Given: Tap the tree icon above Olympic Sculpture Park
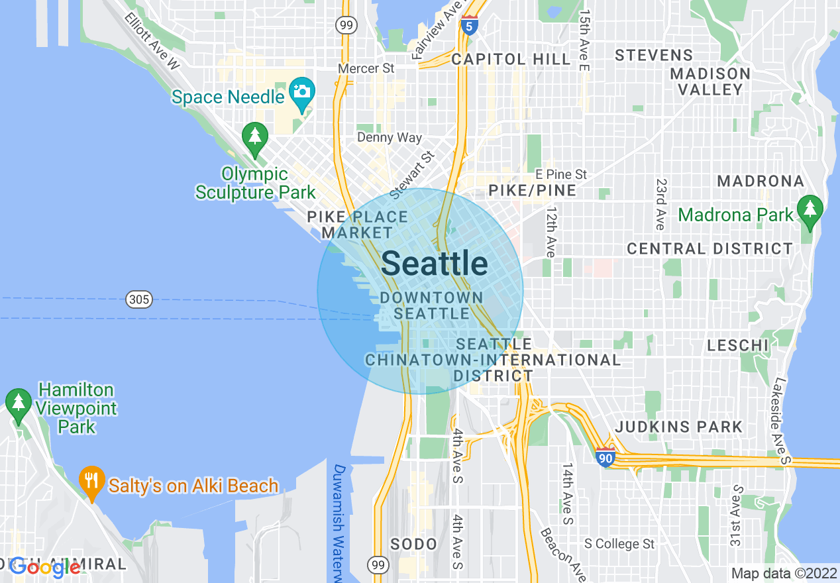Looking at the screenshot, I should [x=255, y=137].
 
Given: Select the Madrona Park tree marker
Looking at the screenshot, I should [x=810, y=209].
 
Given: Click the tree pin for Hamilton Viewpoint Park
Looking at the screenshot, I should [x=18, y=402].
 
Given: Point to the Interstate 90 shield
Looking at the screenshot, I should [x=605, y=457].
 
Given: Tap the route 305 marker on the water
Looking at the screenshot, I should [x=139, y=299].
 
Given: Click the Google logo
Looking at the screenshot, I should [x=45, y=566].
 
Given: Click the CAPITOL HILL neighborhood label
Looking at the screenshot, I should [x=511, y=59].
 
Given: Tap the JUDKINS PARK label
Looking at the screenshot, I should [x=679, y=427].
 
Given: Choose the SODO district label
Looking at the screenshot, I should [x=413, y=545].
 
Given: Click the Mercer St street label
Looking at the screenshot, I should [x=366, y=68].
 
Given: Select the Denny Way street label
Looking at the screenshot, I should [x=389, y=138].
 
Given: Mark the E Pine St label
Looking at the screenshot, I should [x=561, y=174].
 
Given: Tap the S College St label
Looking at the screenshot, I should [x=619, y=544].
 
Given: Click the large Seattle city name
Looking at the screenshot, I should [x=435, y=264].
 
